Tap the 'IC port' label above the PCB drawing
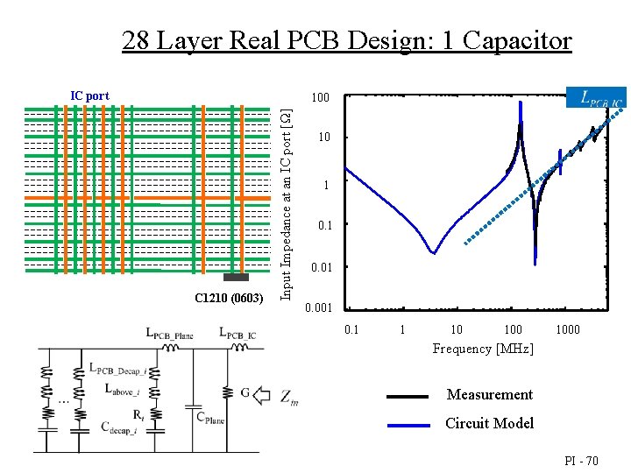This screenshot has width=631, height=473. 89,95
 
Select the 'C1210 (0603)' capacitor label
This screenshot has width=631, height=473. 229,299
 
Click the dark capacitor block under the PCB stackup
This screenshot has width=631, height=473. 236,278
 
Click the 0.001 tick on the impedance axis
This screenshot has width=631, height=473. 318,308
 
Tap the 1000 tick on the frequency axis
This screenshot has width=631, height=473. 568,329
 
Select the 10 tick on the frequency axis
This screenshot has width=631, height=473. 457,329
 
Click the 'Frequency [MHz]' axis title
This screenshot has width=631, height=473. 482,349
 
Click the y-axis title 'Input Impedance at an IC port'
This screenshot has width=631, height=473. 286,201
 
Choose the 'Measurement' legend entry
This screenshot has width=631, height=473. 489,394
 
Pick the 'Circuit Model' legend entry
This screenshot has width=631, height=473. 489,423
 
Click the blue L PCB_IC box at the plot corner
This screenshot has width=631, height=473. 597,98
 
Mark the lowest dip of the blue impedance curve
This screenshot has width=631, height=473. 433,253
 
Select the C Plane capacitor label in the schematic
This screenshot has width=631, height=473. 209,420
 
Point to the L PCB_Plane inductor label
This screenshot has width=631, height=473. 169,333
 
